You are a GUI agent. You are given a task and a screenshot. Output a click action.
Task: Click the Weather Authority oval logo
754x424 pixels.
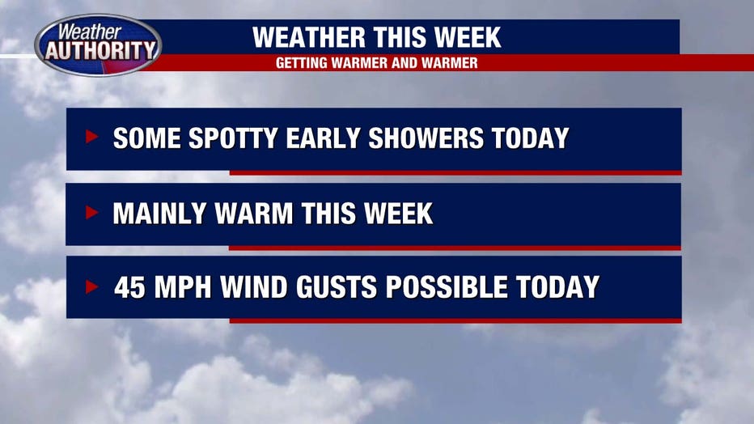pos(98,45)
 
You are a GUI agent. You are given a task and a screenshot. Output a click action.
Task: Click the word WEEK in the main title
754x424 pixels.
pos(468,37)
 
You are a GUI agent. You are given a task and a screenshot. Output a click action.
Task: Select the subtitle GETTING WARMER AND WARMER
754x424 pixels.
pos(376,63)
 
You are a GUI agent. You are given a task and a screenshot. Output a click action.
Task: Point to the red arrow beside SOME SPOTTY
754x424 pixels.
pos(92,137)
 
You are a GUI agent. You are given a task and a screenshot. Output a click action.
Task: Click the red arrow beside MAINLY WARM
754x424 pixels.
pos(92,212)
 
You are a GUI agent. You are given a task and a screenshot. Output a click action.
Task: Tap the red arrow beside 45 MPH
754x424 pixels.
pos(92,286)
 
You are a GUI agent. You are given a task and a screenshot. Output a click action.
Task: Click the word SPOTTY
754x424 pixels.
pos(233,138)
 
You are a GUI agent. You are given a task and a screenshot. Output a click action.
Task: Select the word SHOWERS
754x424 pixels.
pos(426,138)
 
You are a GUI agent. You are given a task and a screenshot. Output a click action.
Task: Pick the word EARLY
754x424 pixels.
pos(323,138)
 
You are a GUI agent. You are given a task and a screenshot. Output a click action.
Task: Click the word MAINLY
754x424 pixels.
pos(159,214)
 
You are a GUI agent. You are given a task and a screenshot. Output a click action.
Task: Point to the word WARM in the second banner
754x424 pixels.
pos(254,214)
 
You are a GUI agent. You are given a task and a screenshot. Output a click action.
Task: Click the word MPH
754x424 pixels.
pos(183,287)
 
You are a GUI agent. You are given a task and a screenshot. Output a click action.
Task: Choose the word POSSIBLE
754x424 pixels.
pos(447,287)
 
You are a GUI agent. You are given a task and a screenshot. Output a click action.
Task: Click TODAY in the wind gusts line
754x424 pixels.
pos(557,287)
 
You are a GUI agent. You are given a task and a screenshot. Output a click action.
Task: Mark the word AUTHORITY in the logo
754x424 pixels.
pos(101,50)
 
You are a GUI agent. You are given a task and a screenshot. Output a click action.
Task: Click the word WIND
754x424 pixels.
pos(253,287)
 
